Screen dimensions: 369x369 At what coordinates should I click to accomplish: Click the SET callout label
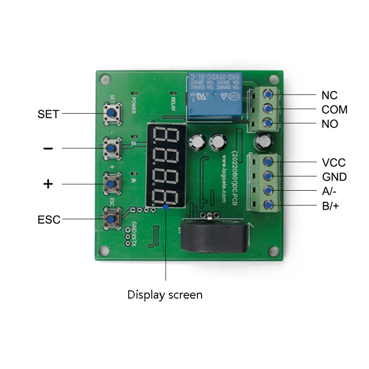click(48, 114)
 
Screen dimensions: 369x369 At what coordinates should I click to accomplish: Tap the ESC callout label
click(49, 220)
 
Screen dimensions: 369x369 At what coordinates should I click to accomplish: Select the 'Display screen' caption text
click(165, 295)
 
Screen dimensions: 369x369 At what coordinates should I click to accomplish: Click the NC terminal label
click(329, 95)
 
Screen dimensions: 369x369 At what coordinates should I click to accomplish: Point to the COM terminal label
click(334, 110)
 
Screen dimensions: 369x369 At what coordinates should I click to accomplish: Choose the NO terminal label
click(330, 124)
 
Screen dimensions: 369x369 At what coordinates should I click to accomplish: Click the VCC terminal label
click(334, 163)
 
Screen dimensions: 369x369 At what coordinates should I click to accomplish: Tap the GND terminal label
click(334, 177)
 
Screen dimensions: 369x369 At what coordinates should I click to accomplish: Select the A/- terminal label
click(329, 191)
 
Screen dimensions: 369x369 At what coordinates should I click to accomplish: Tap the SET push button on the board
click(110, 113)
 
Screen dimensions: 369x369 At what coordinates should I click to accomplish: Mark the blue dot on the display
click(166, 207)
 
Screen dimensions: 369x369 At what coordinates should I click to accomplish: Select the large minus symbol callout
click(48, 148)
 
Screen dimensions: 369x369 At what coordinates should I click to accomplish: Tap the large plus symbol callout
click(48, 184)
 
